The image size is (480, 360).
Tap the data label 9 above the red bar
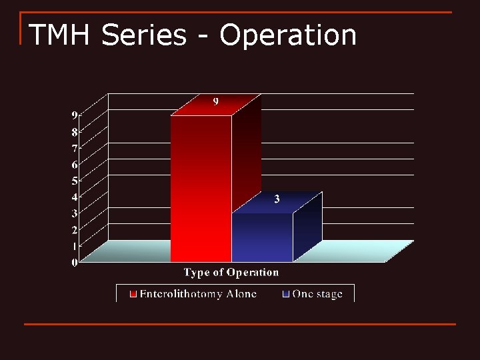click(x=216, y=101)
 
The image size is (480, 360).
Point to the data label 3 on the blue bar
click(x=277, y=199)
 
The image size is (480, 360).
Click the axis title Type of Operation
click(x=231, y=273)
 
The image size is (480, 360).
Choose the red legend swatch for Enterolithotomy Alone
click(x=133, y=294)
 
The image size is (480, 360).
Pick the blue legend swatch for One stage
click(x=286, y=294)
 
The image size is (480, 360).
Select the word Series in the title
click(x=143, y=35)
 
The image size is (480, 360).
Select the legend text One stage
click(x=317, y=294)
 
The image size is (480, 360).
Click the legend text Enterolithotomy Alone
click(x=198, y=294)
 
